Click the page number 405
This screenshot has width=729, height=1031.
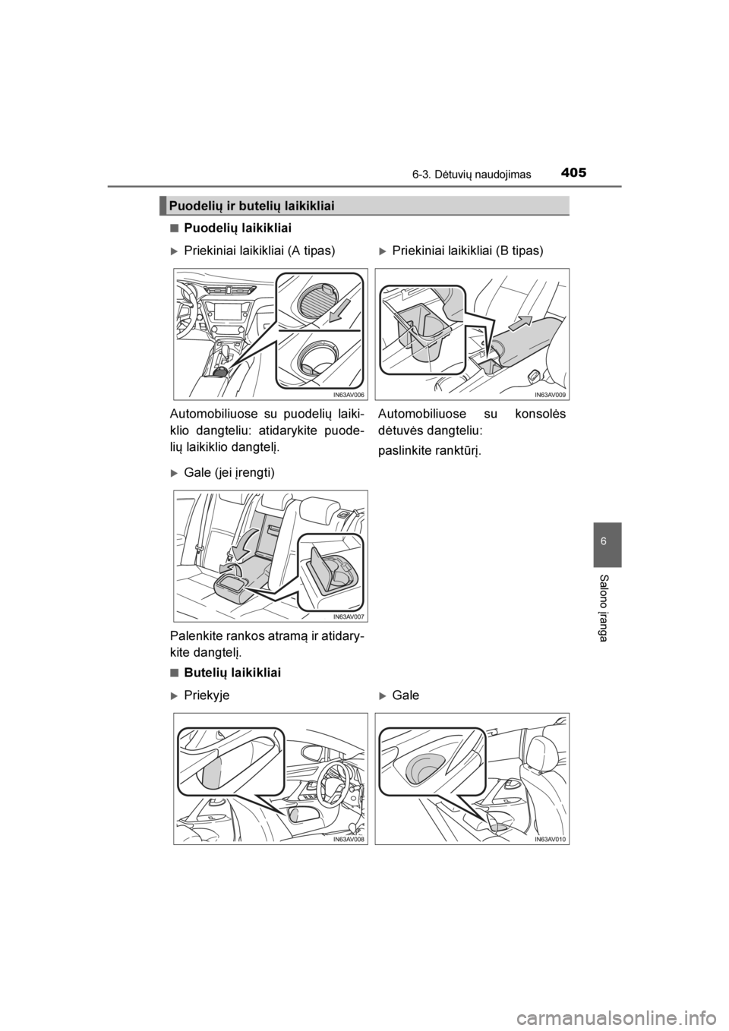point(574,173)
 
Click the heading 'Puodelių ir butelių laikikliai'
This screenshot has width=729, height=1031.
point(251,206)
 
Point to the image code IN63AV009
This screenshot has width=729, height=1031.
point(550,395)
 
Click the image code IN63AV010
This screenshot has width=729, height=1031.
point(550,839)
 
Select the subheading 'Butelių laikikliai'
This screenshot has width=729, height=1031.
point(232,673)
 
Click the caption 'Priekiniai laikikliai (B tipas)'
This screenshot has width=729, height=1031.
point(468,251)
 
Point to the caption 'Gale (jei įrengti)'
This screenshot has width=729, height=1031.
point(229,473)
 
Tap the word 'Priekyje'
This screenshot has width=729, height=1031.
point(207,695)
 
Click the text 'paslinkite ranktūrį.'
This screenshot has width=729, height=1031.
point(429,451)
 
